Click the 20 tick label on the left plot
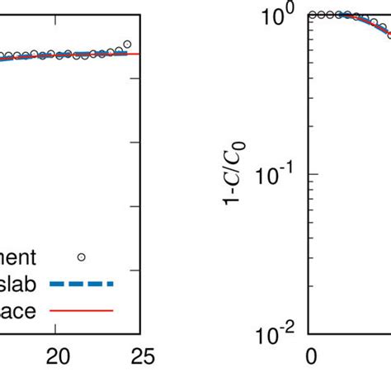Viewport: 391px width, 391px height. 57,357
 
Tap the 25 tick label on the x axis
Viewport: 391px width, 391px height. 141,357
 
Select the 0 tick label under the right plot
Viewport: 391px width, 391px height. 311,357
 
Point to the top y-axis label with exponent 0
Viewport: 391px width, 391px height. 276,16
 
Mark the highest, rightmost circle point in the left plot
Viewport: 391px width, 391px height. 127,44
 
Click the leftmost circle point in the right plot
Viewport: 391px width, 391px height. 313,15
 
